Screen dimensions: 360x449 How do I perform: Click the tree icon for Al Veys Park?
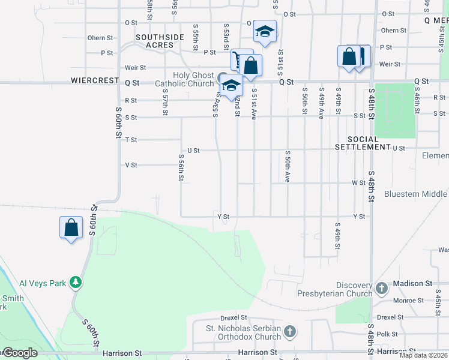(x=76, y=282)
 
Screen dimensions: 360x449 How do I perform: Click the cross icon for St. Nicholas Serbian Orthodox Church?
(x=289, y=331)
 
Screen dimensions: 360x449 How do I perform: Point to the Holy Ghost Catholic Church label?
(x=184, y=79)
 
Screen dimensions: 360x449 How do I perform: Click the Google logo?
(x=19, y=353)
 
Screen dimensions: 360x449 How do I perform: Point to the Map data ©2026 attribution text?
(x=424, y=355)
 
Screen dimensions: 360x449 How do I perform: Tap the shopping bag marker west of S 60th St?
(x=71, y=228)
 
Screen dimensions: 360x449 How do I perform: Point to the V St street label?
(x=131, y=165)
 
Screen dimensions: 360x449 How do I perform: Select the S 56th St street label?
(x=181, y=167)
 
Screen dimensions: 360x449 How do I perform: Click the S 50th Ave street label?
(x=288, y=167)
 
